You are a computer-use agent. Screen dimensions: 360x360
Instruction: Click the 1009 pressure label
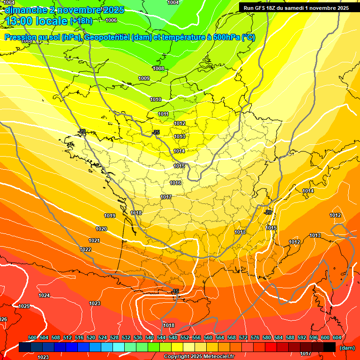pos(144,78)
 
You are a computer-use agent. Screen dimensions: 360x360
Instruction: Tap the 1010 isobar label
pos(156,100)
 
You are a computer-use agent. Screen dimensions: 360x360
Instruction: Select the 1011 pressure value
pos(163,114)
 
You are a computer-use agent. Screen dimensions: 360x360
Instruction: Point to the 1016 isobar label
pos(175,183)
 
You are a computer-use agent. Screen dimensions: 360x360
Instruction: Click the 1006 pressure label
pos(111,20)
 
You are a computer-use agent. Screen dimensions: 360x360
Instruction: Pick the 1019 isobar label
pos(110,216)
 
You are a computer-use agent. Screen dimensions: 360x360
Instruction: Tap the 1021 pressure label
pos(94,240)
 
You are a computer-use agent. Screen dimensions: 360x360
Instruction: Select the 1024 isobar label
pos(44,295)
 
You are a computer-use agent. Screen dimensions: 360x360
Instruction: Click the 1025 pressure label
pos(24,306)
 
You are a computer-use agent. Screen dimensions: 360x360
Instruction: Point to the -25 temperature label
pos(156,132)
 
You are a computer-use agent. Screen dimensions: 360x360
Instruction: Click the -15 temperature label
pos(175,292)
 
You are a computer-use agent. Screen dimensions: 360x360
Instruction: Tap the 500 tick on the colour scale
pos(32,337)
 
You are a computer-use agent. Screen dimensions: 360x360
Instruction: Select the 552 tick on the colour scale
pos(185,337)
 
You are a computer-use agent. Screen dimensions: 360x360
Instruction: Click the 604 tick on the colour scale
pos(337,337)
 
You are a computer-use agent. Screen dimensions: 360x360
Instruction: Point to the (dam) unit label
pos(347,348)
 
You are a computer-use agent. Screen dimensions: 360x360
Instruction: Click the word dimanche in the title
pos(24,10)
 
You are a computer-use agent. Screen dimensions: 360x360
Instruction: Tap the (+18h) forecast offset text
pos(81,21)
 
